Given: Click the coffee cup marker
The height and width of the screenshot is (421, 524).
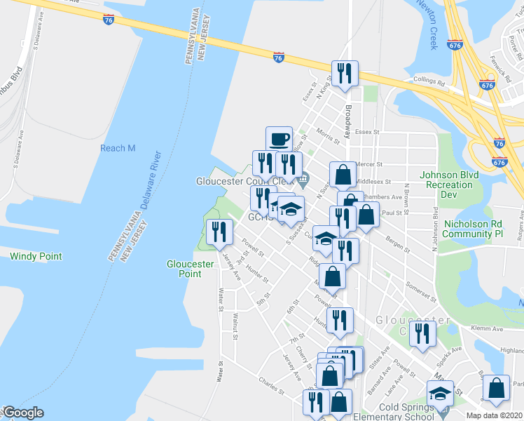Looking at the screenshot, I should point(279,138).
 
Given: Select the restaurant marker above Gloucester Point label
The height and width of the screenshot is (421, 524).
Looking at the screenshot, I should point(219,232).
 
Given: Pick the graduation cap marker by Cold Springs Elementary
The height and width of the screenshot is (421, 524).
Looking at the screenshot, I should point(440,394).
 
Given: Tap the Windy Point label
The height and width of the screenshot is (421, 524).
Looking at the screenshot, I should point(36,257).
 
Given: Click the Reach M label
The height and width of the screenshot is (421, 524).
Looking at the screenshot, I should point(118,148).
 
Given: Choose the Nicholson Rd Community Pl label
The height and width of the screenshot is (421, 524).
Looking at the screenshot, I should point(474,229).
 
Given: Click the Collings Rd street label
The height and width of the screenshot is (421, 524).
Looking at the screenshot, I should point(429,81).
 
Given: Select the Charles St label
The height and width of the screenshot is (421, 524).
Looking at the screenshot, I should point(271,385).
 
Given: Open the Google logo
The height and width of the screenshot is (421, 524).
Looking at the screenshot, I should point(23,413).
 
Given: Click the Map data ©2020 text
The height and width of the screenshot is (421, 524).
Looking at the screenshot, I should point(495,415).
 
